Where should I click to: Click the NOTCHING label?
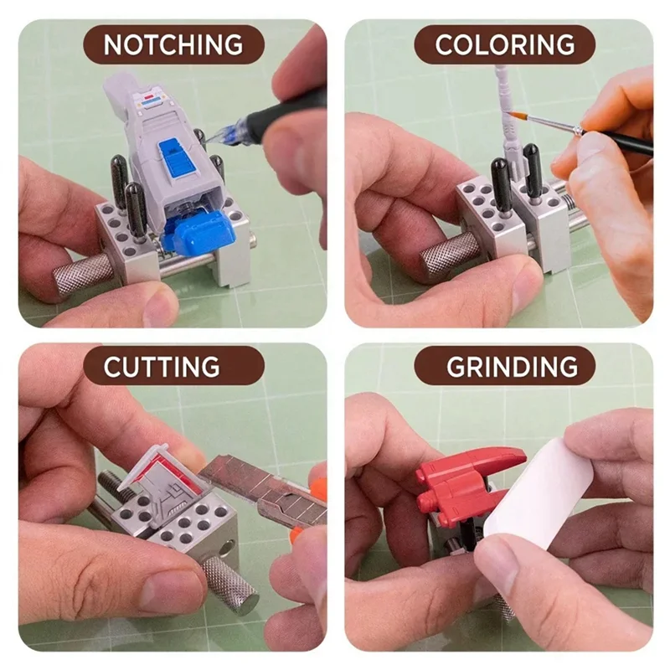click(173, 44)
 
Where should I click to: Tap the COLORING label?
click(505, 44)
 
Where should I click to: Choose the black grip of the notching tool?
click(286, 113)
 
